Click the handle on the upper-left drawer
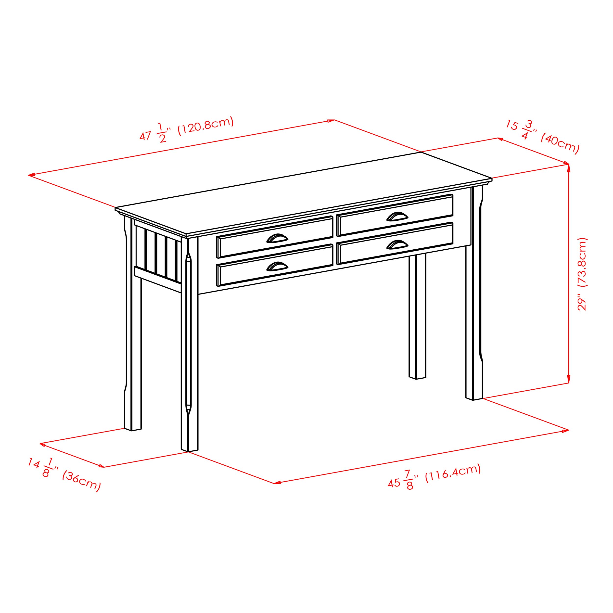tap(277, 238)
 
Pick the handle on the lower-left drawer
tap(277, 266)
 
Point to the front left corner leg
tap(190, 349)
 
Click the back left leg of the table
tap(133, 333)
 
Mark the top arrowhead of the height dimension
tap(568, 167)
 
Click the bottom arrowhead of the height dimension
tap(568, 380)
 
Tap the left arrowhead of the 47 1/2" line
tap(31, 175)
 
